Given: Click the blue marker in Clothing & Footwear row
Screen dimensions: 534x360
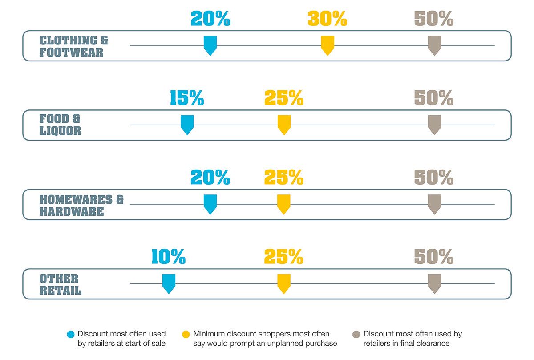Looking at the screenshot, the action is [210, 45].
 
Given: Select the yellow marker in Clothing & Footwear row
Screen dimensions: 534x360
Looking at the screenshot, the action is [328, 45].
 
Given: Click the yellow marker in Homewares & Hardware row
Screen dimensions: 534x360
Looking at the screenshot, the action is [284, 204].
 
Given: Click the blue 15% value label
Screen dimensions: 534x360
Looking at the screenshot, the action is [187, 98].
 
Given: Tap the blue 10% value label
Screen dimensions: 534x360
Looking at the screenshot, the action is [169, 256].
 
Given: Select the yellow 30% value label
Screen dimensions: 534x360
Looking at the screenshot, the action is [328, 18].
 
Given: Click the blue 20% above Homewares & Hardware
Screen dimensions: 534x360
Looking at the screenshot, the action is [210, 177].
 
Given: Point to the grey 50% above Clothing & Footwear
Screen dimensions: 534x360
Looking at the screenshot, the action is [434, 18].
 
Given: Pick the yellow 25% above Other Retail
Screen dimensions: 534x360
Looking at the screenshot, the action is [284, 256].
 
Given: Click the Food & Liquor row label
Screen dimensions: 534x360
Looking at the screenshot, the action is [61, 125].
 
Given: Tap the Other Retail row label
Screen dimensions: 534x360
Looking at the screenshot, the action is [61, 284].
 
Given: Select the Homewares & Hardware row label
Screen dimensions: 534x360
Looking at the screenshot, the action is [81, 205].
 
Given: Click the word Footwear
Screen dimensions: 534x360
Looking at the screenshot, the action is [72, 52].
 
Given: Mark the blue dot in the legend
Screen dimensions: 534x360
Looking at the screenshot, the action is [71, 334].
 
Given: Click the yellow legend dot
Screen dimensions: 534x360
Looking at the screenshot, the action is [186, 334].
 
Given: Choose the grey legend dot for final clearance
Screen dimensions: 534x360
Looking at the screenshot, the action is [356, 334].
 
